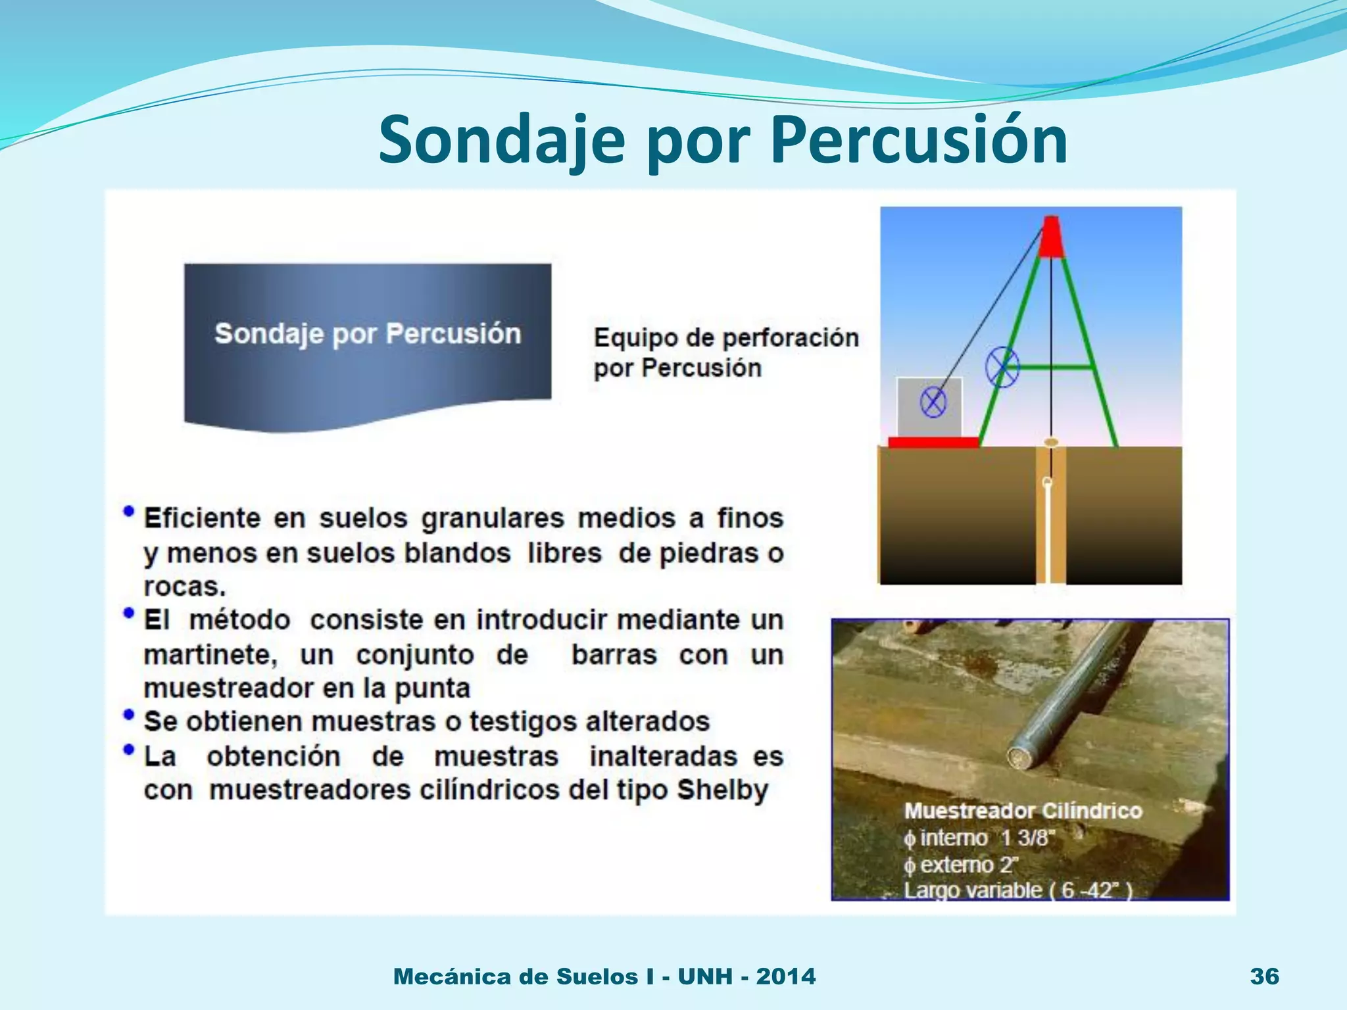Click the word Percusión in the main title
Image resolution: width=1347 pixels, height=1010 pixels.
(x=918, y=140)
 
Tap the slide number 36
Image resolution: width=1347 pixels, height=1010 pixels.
(x=1264, y=976)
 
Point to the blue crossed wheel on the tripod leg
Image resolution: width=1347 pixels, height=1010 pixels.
(x=1002, y=367)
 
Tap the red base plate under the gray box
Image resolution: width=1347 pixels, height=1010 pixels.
(x=933, y=442)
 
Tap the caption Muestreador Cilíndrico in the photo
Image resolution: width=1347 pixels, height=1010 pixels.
(x=1023, y=811)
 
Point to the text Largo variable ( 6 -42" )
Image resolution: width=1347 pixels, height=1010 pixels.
(x=1018, y=890)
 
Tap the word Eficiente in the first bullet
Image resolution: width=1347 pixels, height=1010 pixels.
(x=202, y=518)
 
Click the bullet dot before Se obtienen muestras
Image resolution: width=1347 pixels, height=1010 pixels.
(x=130, y=715)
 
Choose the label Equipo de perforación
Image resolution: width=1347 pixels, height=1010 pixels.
(x=726, y=338)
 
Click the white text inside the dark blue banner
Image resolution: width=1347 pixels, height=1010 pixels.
(x=368, y=333)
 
